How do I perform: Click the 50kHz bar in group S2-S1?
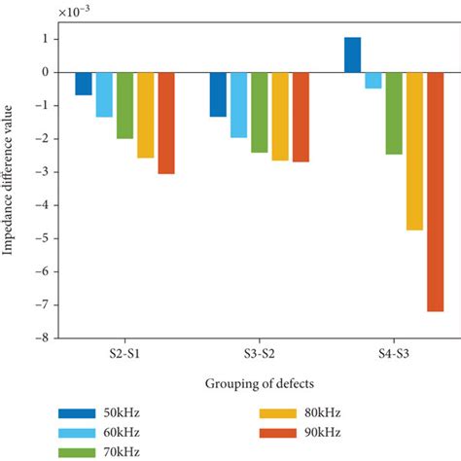pos(84,84)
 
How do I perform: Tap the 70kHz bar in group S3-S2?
pos(260,112)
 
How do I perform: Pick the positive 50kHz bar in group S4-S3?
pos(352,54)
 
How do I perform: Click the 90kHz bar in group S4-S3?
pos(435,192)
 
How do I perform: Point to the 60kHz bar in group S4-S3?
pos(372,80)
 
